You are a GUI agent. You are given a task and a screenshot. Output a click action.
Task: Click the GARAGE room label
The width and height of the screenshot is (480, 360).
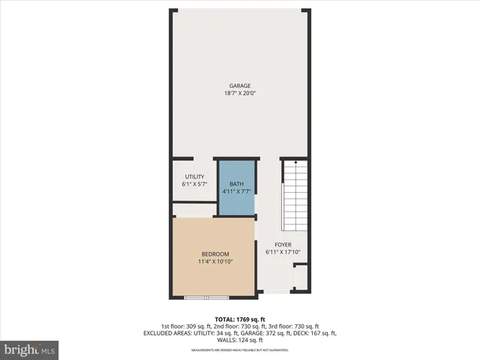pyautogui.click(x=240, y=85)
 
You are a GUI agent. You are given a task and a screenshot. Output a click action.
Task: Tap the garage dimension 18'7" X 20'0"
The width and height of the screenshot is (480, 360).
pyautogui.click(x=240, y=94)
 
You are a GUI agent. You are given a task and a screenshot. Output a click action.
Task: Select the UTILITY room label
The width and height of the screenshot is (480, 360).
pyautogui.click(x=194, y=176)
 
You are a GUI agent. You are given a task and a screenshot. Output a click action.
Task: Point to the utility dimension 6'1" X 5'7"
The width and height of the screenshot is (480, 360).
pyautogui.click(x=194, y=184)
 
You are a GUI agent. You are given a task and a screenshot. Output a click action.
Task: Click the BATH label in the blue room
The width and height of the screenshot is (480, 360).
pyautogui.click(x=236, y=184)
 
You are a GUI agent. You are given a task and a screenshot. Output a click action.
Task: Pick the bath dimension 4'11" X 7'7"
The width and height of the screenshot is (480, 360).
pyautogui.click(x=236, y=191)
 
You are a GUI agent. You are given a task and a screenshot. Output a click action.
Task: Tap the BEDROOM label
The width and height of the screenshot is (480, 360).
pyautogui.click(x=214, y=254)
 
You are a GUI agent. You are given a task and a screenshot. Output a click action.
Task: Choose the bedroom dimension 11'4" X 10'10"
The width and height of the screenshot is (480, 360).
pyautogui.click(x=214, y=262)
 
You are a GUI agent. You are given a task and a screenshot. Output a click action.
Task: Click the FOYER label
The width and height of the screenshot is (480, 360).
pyautogui.click(x=283, y=244)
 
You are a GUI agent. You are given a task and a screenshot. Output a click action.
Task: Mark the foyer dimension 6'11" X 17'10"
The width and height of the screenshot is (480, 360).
pyautogui.click(x=283, y=253)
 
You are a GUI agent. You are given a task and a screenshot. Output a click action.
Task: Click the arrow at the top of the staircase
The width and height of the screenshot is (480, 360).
pyautogui.click(x=295, y=162)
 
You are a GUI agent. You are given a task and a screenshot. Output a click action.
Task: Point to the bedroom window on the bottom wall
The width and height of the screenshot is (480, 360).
pyautogui.click(x=207, y=298)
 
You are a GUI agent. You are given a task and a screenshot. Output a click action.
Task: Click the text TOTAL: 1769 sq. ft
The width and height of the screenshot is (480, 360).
pyautogui.click(x=240, y=319)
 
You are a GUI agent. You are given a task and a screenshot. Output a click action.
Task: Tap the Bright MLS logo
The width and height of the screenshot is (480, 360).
pyautogui.click(x=30, y=349)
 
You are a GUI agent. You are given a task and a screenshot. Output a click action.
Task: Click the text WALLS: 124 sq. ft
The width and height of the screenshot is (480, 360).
pyautogui.click(x=240, y=340)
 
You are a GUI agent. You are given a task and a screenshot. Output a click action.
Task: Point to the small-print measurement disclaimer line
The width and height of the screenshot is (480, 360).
pyautogui.click(x=240, y=350)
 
